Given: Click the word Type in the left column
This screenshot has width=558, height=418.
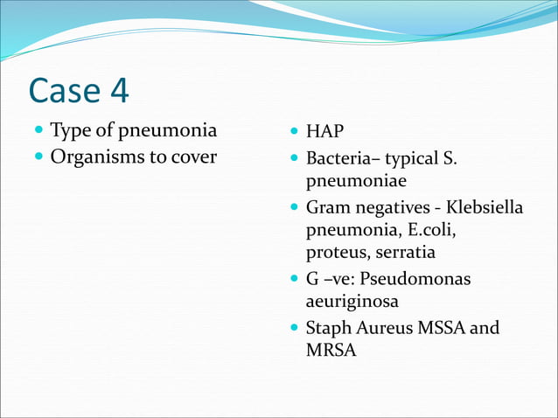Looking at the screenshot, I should [70, 132].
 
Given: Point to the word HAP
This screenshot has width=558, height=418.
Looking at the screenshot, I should [324, 132].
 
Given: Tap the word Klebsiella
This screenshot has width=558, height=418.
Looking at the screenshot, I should [485, 209].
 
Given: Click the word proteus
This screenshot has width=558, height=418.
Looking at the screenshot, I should [335, 254].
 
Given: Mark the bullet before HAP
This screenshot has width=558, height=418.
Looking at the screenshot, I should [294, 133].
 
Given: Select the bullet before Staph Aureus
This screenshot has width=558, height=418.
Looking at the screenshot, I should [294, 329].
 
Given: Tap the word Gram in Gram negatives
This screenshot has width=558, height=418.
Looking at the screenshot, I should [327, 208].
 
